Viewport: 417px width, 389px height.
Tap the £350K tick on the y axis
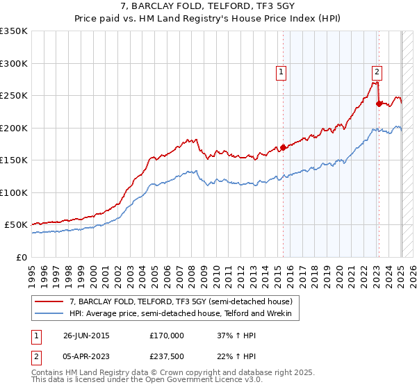14,31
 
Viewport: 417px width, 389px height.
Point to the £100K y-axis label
14,192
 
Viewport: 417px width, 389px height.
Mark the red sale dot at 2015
283,147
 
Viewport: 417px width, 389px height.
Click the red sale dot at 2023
379,104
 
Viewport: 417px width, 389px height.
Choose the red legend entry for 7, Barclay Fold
185,302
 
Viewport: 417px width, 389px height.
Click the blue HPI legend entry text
185,315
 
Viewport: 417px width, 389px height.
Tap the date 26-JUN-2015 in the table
86,336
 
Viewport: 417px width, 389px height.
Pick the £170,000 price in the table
167,336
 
